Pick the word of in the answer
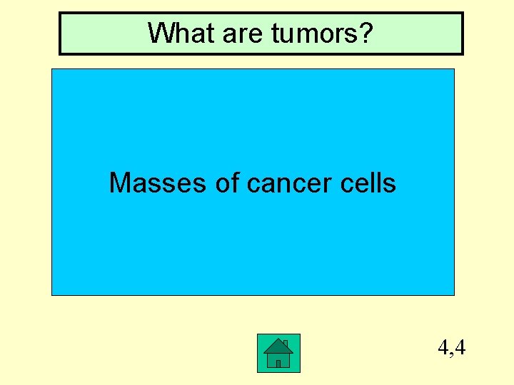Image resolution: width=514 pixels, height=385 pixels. click(x=227, y=183)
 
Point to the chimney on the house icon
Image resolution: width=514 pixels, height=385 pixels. click(x=285, y=344)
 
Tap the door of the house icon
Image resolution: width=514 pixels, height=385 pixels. click(x=278, y=363)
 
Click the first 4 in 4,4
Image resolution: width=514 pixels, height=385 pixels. click(x=443, y=348)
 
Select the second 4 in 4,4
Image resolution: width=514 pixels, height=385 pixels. click(x=460, y=348)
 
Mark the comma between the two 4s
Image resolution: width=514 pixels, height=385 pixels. click(x=452, y=353)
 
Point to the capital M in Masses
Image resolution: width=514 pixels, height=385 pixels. click(x=119, y=183)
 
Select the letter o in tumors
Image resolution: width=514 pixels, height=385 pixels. click(x=323, y=34)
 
